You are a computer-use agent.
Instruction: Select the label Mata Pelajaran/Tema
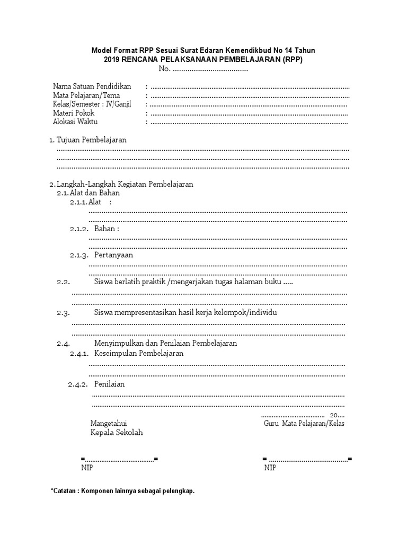(86, 95)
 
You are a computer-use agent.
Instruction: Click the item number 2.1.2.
(79, 229)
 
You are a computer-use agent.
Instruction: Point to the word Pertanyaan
(113, 255)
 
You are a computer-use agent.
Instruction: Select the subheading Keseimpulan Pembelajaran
(139, 354)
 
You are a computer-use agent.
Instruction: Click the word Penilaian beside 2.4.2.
(109, 384)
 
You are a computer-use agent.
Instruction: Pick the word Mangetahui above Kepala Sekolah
(109, 424)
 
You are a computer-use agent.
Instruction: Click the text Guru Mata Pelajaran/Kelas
(304, 424)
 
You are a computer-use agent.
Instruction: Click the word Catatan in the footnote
(64, 491)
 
